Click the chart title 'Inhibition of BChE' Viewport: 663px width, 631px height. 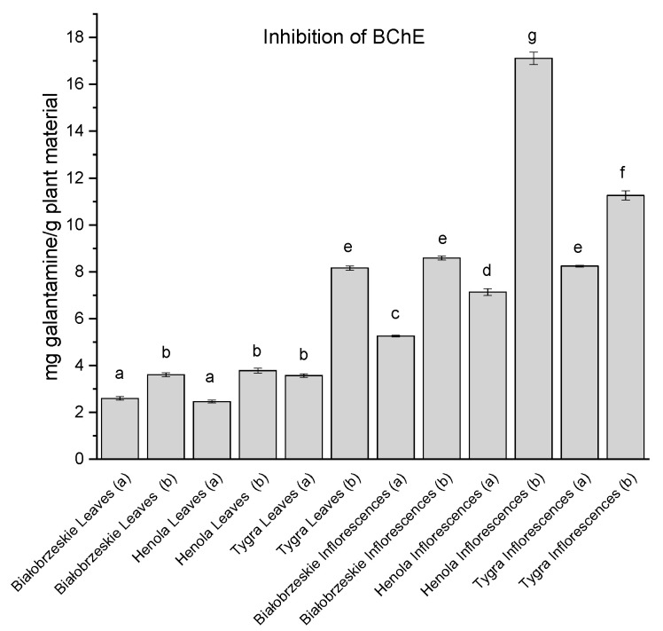click(x=326, y=38)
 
